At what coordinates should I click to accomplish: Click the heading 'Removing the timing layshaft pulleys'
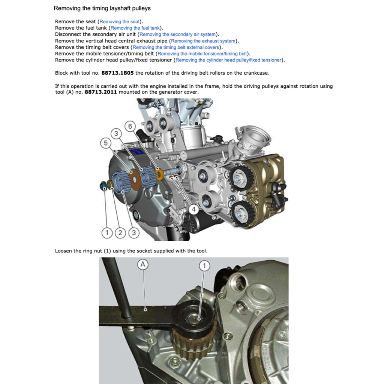coord(102,8)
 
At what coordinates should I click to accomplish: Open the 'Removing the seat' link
coord(119,22)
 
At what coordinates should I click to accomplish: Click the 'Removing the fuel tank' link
coord(135,28)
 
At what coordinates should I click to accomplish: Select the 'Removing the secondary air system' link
coord(178,34)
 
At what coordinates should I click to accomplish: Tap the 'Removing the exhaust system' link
coord(203,41)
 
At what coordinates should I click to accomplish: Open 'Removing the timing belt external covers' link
coord(175,47)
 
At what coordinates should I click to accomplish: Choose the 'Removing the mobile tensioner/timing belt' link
coord(202,54)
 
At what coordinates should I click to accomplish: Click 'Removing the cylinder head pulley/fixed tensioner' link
coord(228,60)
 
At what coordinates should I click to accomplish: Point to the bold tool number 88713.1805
coord(117,73)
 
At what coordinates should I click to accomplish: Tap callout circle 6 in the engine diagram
coord(130,126)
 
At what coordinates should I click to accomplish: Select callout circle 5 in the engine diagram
coord(106,143)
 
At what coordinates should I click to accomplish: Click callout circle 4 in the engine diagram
coord(193,210)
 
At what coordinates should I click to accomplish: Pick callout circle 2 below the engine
coord(120,233)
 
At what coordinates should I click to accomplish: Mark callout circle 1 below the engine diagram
coord(107,233)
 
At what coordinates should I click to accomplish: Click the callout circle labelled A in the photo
coord(142,264)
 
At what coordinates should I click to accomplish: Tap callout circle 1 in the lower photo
coord(204,266)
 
